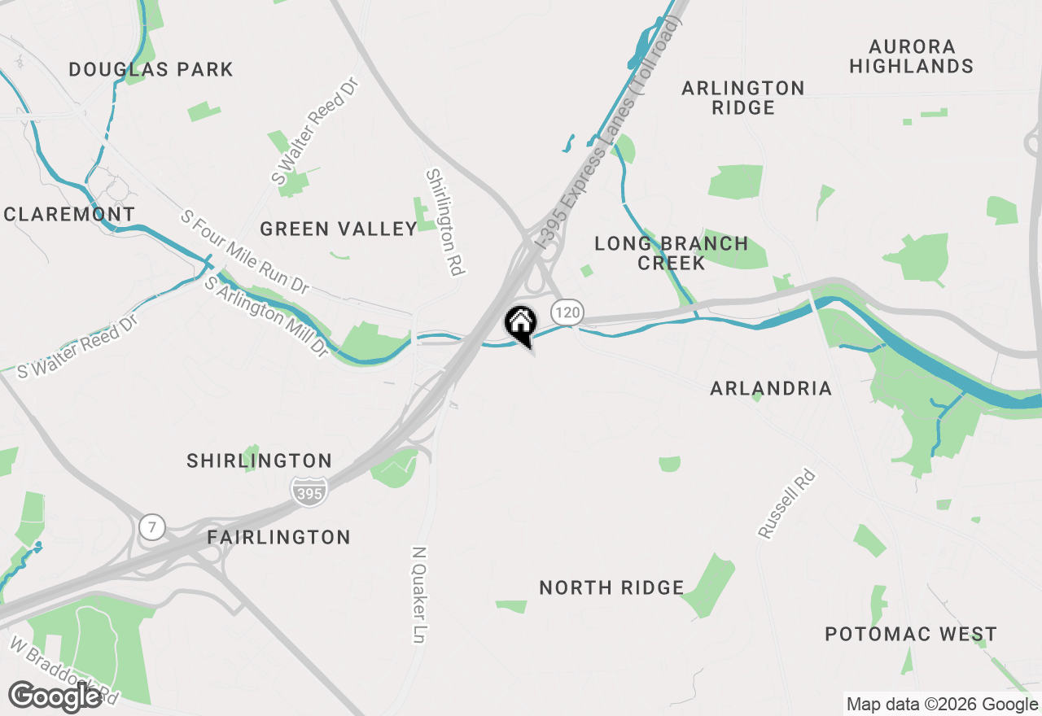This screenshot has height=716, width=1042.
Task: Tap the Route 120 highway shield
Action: (x=567, y=311)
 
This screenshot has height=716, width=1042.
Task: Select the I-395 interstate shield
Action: (x=309, y=491)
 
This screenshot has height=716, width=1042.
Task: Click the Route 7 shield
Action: (x=151, y=526)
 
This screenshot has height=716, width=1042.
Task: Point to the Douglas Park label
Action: (x=151, y=70)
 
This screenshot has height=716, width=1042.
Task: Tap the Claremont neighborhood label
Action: (x=69, y=215)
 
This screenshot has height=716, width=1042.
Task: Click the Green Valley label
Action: (x=339, y=229)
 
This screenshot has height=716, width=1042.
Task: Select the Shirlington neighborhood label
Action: (x=259, y=461)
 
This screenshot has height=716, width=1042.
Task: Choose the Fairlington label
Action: (x=278, y=538)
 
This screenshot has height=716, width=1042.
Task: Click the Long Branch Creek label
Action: (x=671, y=253)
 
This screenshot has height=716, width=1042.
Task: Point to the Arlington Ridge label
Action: (x=742, y=98)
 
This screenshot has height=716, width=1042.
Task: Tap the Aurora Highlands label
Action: (x=911, y=56)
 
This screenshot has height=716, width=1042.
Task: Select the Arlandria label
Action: (x=771, y=389)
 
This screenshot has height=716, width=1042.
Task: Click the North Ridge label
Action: (x=611, y=587)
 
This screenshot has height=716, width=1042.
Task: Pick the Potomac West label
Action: (x=910, y=635)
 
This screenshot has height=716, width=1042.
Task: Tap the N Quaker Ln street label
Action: (x=419, y=594)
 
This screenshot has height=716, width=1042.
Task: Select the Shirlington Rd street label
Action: (x=444, y=222)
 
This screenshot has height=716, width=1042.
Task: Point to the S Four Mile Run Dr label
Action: (x=245, y=252)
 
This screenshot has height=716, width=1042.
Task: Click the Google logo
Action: (x=55, y=696)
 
